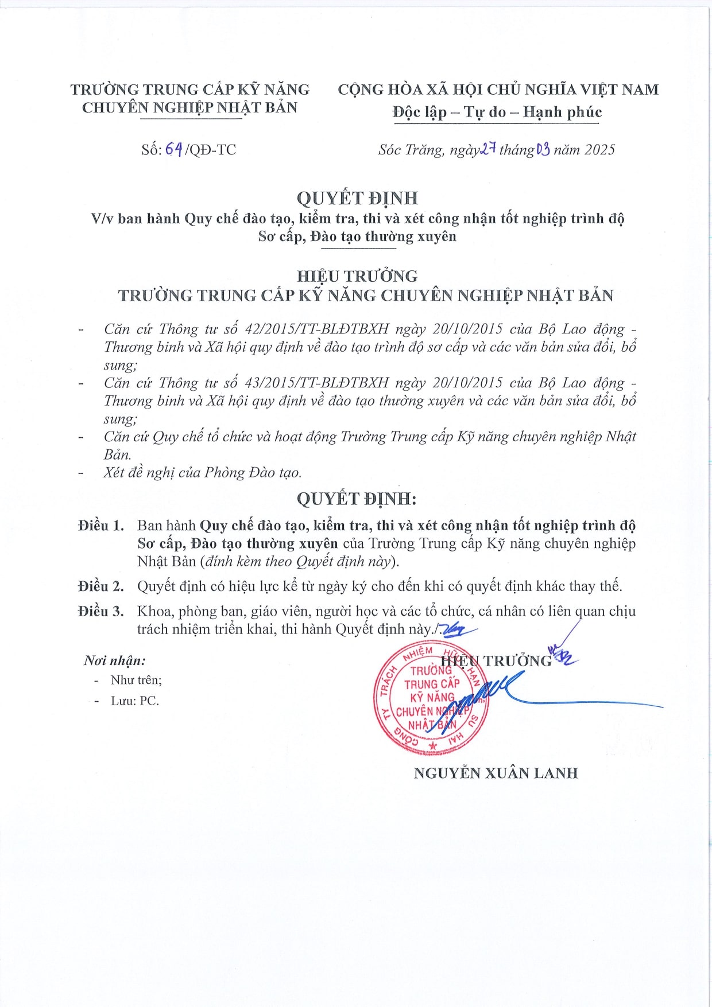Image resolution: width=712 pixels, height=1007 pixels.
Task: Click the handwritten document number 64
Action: tap(174, 150)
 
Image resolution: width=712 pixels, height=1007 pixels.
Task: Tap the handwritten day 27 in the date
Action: tap(488, 149)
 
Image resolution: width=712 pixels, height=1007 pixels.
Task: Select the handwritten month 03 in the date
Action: tap(543, 150)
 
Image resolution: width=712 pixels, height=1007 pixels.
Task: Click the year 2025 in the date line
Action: tap(599, 150)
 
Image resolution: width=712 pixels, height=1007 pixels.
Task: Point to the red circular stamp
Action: tap(431, 697)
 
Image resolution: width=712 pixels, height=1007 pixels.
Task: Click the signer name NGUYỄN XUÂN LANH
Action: tap(496, 773)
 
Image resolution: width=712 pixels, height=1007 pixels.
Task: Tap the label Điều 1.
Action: tap(101, 526)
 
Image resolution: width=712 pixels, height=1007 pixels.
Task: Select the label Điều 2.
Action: tap(101, 586)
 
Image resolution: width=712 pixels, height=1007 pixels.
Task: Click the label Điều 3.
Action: tap(101, 612)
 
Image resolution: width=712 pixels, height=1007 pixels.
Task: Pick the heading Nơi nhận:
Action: tap(115, 660)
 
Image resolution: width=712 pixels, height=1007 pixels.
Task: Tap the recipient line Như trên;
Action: tap(136, 680)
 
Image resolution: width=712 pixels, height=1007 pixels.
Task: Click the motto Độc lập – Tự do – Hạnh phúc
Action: tap(497, 112)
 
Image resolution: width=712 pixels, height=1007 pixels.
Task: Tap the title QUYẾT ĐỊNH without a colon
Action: tap(357, 198)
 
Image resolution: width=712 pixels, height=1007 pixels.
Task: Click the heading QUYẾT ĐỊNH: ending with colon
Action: tap(356, 499)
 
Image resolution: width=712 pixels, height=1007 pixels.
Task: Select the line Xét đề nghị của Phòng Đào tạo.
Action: tap(203, 473)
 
